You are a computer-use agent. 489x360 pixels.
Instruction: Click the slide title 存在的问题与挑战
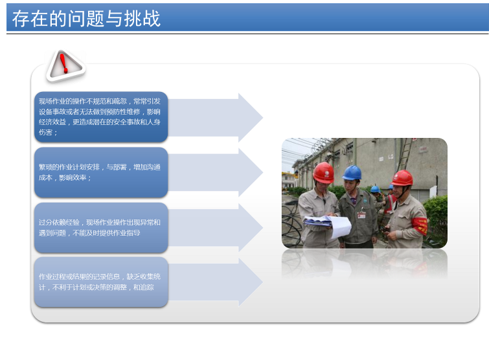86,18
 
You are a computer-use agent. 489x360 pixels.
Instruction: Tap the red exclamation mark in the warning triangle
63,63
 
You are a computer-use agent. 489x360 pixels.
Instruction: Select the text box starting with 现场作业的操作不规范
101,117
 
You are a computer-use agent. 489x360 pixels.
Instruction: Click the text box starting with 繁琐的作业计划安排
101,172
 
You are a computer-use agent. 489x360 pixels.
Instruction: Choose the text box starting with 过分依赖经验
101,227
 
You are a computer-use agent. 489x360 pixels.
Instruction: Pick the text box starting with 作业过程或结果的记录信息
101,282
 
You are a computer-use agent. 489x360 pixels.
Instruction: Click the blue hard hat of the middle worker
352,173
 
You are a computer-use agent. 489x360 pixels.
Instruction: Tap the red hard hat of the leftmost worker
323,172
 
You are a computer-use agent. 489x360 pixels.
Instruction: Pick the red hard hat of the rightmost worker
402,178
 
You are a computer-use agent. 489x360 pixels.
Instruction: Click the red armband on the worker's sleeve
420,226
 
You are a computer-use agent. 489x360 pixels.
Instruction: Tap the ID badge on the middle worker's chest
361,215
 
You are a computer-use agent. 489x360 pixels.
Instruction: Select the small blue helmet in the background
375,189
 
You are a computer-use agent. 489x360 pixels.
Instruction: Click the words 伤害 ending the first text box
45,133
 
